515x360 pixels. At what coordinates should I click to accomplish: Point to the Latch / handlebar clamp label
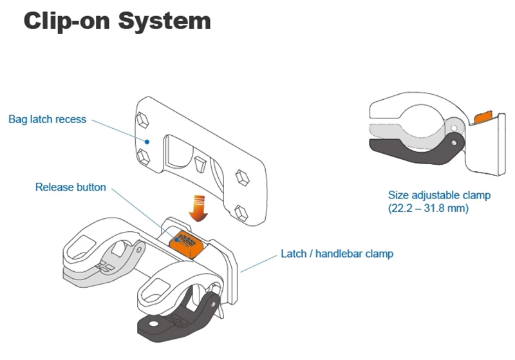click(337, 253)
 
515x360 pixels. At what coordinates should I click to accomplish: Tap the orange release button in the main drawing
click(185, 245)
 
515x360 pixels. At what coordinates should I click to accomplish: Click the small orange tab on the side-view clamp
click(482, 117)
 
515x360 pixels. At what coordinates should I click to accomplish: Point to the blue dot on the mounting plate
click(147, 141)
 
